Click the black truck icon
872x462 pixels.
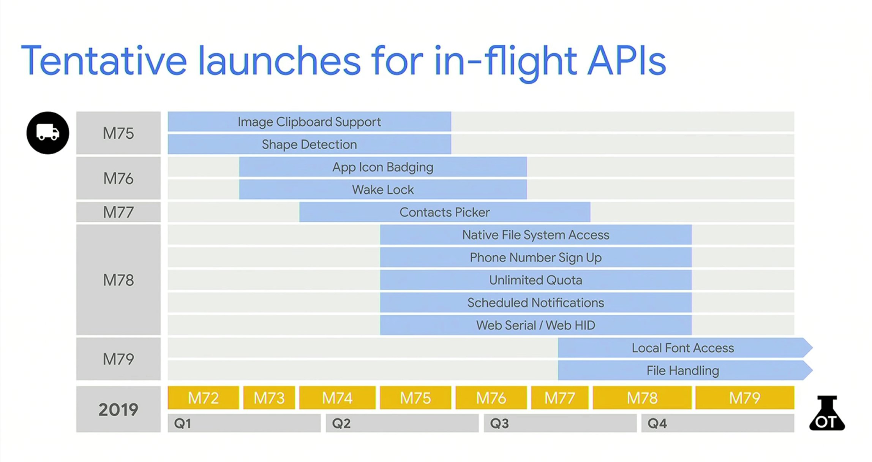[x=48, y=133]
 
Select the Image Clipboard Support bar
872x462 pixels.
[x=309, y=122]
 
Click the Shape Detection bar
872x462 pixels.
[x=309, y=144]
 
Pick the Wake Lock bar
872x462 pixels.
[x=382, y=190]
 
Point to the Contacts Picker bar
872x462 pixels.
[x=444, y=212]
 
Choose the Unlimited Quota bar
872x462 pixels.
[x=536, y=280]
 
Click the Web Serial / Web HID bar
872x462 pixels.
[x=536, y=325]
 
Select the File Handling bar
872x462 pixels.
[x=682, y=370]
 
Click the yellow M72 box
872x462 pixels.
[x=203, y=398]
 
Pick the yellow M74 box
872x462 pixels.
[x=337, y=398]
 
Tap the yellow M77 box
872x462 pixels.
[x=559, y=398]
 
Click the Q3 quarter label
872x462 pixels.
[x=499, y=423]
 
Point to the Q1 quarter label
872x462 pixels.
[x=183, y=423]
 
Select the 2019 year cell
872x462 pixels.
[x=118, y=410]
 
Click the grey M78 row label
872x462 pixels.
[x=118, y=280]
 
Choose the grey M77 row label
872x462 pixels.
[x=118, y=212]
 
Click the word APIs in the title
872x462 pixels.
[x=626, y=61]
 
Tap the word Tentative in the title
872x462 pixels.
[x=104, y=61]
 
